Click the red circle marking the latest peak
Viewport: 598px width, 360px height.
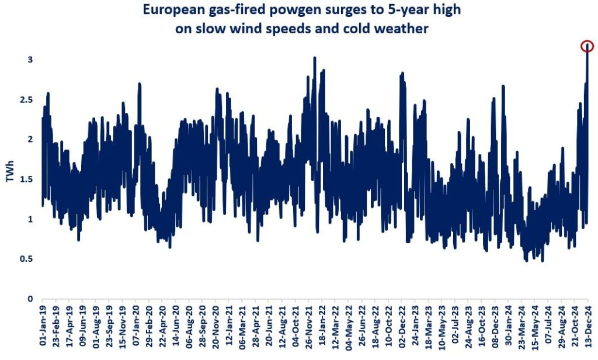(x=587, y=46)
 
